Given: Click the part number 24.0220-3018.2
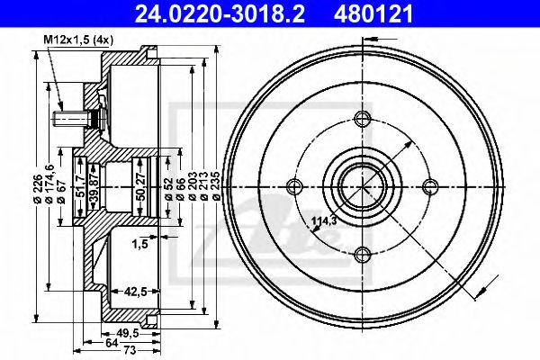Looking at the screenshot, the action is pos(220,13).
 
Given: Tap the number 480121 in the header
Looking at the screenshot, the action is pos(373,13).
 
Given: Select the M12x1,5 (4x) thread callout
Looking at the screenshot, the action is pos(78,40).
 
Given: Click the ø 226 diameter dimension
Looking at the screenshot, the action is pos(38,188).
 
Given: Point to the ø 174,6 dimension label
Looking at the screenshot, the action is pos(49,184).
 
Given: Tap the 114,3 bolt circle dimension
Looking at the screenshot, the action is pos(324,220).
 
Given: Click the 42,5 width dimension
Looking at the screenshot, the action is pos(135,292).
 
